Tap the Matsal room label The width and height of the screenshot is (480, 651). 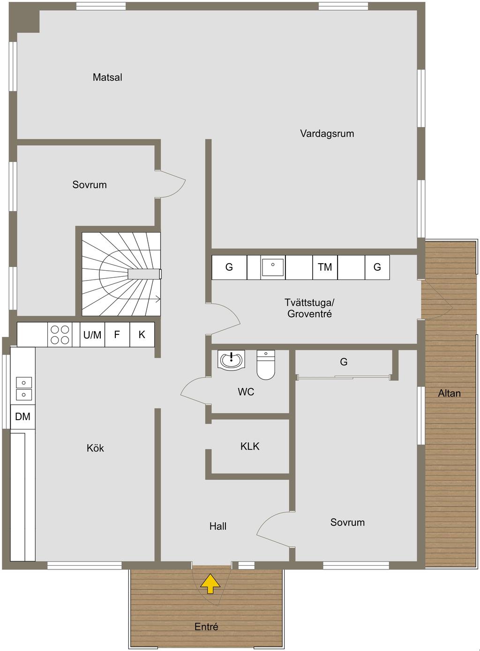tap(107, 77)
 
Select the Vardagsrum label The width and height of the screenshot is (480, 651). tap(327, 133)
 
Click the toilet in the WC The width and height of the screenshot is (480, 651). tap(266, 365)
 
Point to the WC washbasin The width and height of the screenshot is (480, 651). tap(231, 360)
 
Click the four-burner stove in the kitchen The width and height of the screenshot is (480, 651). tap(60, 334)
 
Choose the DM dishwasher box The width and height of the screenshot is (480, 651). tap(22, 417)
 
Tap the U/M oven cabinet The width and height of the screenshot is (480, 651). tap(92, 334)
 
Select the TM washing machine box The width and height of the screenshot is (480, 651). tap(325, 267)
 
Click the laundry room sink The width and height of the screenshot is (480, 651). tap(273, 267)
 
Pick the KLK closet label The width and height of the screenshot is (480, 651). tap(250, 446)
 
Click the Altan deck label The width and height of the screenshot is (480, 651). tap(450, 393)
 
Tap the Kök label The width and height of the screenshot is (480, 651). tap(95, 448)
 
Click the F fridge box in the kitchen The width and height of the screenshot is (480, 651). tap(117, 334)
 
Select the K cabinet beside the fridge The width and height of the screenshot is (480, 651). tap(142, 334)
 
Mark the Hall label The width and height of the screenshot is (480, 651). tap(218, 526)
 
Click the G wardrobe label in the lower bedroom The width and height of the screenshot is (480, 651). tap(344, 362)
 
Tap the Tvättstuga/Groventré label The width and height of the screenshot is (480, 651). tap(309, 308)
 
